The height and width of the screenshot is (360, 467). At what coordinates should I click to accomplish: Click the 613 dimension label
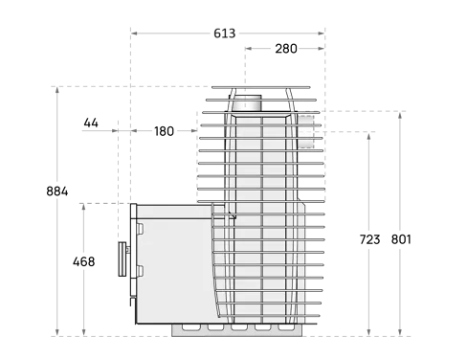point(225,34)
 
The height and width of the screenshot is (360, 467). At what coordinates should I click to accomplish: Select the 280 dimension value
point(286,49)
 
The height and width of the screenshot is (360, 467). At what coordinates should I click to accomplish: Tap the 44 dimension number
point(91,123)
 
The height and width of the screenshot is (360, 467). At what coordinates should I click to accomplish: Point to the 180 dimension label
point(164,131)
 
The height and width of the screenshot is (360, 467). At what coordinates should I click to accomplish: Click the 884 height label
point(57,191)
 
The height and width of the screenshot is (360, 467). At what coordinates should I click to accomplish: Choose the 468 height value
point(83,261)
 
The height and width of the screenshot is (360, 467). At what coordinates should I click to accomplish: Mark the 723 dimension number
point(369,239)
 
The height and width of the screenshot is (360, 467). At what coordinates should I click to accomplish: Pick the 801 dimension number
point(401,239)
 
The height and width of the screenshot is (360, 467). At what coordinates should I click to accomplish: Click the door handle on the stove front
point(122,259)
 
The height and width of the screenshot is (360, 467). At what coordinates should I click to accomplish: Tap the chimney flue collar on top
point(246,102)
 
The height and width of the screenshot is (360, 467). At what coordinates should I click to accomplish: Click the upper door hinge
point(140,229)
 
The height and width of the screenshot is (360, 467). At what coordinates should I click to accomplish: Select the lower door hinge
point(140,271)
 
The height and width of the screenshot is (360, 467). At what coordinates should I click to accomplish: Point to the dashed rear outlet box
point(305,131)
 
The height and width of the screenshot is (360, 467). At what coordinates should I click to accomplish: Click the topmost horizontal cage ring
point(261,87)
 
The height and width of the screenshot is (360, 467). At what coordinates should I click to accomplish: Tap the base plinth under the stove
point(236,330)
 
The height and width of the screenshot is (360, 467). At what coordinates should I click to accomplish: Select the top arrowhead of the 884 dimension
point(57,90)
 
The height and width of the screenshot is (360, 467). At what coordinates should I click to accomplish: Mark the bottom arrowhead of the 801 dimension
point(400,332)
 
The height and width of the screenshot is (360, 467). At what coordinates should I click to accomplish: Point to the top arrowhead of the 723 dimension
point(368,137)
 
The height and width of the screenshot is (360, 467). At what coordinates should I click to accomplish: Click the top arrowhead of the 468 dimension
point(83,207)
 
